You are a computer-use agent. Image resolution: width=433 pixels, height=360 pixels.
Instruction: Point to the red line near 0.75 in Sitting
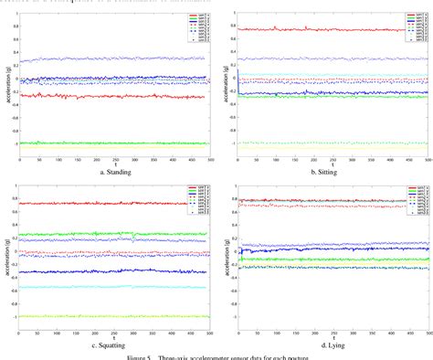coord(320,29)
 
